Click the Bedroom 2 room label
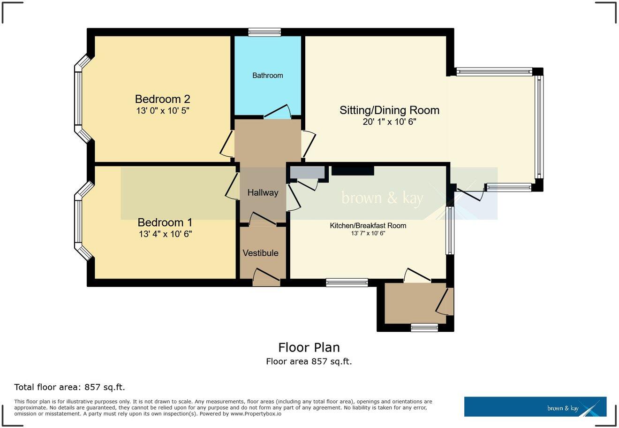click(x=162, y=99)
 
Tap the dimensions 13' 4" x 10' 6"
click(x=165, y=234)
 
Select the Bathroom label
click(x=268, y=75)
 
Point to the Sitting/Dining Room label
click(x=389, y=110)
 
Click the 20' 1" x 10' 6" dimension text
click(x=389, y=122)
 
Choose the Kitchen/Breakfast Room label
click(x=368, y=226)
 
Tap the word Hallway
click(x=263, y=192)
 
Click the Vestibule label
click(x=260, y=253)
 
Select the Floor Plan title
click(x=309, y=347)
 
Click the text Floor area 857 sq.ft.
click(x=309, y=361)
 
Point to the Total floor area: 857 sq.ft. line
click(x=69, y=387)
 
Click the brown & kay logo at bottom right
click(x=535, y=406)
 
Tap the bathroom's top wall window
click(x=264, y=32)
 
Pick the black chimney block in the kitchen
click(x=353, y=170)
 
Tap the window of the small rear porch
click(x=424, y=327)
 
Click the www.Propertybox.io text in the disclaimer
click(x=256, y=414)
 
